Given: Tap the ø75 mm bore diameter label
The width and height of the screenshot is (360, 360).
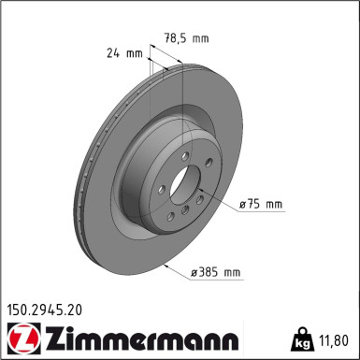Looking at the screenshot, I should pyautogui.click(x=260, y=203).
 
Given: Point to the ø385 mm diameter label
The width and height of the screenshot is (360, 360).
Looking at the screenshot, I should pyautogui.click(x=217, y=272).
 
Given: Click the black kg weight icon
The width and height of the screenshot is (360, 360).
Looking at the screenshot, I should pyautogui.click(x=302, y=338).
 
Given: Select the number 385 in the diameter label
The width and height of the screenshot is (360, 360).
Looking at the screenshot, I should pyautogui.click(x=212, y=272).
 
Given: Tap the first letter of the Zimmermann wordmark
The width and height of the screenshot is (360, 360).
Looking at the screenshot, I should pyautogui.click(x=44, y=337).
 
